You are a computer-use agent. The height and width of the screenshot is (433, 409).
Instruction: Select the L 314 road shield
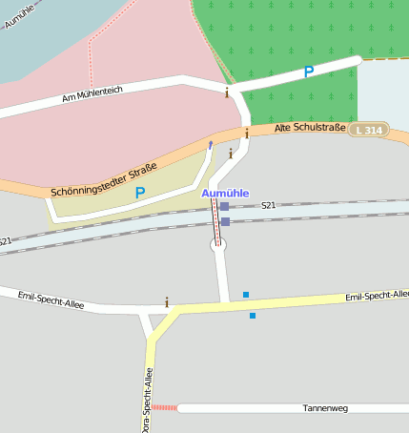pos(370,130)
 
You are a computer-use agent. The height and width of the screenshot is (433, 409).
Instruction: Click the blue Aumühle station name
pos(225,193)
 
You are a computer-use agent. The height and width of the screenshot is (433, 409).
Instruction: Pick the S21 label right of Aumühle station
pos(268,205)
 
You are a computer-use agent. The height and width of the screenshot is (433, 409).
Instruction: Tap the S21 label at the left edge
pos(6,241)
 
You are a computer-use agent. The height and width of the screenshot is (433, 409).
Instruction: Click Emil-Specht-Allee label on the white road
pos(51,301)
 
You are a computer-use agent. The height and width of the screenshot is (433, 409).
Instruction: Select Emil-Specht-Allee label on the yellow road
pos(377,297)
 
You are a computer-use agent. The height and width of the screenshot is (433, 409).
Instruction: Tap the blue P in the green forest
pos(308,72)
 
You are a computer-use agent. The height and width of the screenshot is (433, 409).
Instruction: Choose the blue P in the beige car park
pos(140,193)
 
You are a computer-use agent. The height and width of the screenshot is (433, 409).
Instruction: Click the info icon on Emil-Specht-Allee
pos(167,302)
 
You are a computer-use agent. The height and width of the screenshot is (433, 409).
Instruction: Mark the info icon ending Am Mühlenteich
pos(226,93)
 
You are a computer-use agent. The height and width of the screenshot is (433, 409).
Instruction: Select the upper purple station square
pos(224,206)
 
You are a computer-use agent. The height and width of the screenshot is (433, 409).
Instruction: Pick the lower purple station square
pos(225,221)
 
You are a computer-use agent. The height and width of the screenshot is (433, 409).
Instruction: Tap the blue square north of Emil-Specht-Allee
pos(246,294)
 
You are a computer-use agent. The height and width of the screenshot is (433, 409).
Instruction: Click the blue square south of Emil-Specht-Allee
pos(253,315)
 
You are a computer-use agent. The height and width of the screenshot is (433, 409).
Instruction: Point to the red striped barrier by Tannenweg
pos(164,407)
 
